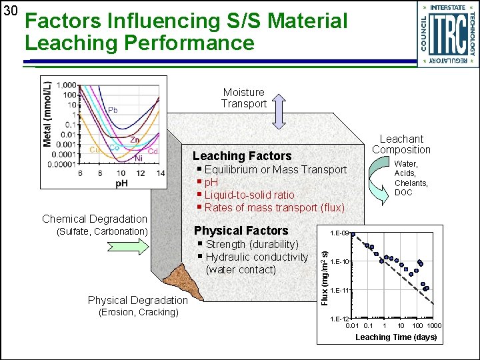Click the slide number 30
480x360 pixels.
click(x=10, y=11)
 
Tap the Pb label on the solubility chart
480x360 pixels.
click(x=113, y=110)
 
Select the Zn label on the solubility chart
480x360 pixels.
click(x=135, y=140)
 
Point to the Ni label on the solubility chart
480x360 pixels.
click(x=139, y=159)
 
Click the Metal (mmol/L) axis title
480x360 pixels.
click(x=47, y=115)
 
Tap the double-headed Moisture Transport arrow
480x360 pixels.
click(x=279, y=110)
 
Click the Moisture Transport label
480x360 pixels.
click(x=244, y=98)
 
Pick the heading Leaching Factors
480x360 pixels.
click(x=242, y=156)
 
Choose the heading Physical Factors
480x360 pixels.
click(x=241, y=231)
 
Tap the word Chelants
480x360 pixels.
click(x=411, y=183)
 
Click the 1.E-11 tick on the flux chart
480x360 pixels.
click(x=340, y=290)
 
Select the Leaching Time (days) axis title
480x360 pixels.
click(x=396, y=337)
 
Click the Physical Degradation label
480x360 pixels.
click(x=137, y=301)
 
